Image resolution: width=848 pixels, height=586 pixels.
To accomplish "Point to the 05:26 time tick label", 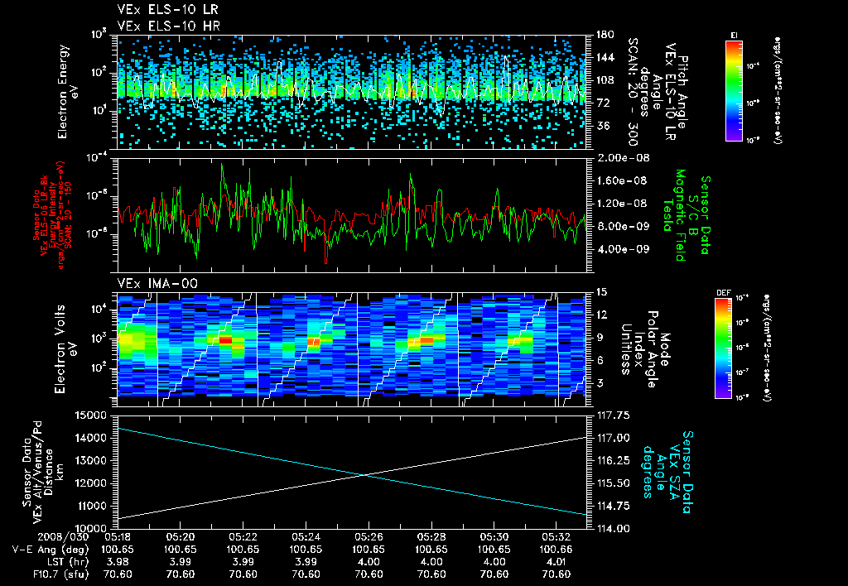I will click(x=369, y=536).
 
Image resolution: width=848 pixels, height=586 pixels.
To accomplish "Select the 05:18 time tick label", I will click(x=118, y=536).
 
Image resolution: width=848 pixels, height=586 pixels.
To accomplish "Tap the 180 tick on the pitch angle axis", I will click(x=604, y=35).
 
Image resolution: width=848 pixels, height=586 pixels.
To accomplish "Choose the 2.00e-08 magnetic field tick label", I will click(x=619, y=158).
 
